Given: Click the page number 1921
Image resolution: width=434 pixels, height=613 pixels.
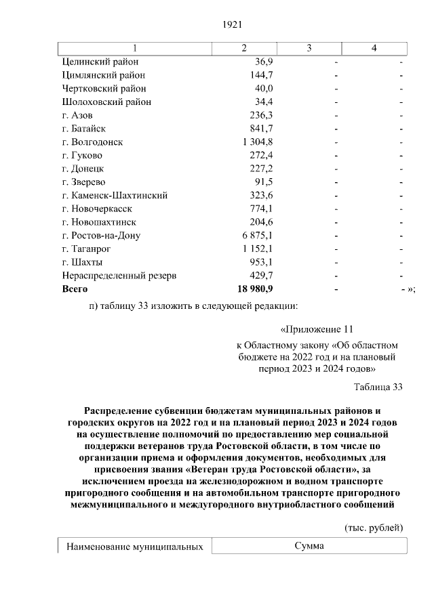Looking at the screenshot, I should tap(233, 24).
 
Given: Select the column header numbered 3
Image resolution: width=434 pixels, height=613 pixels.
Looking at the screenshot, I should tap(309, 47).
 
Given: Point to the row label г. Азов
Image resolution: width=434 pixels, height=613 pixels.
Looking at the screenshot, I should tap(77, 115).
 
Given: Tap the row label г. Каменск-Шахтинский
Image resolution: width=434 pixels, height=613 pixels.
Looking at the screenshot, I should tap(114, 195).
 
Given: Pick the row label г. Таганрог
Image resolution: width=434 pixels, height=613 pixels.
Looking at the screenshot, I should tap(85, 249).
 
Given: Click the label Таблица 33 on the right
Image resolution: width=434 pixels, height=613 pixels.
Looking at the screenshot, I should tap(378, 387).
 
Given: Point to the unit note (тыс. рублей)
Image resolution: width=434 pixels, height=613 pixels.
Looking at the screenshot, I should tap(374, 527).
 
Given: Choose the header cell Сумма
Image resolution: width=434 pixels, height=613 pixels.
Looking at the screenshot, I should tap(309, 546).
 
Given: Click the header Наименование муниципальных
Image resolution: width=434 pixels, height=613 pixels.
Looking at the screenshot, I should tap(135, 546).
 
